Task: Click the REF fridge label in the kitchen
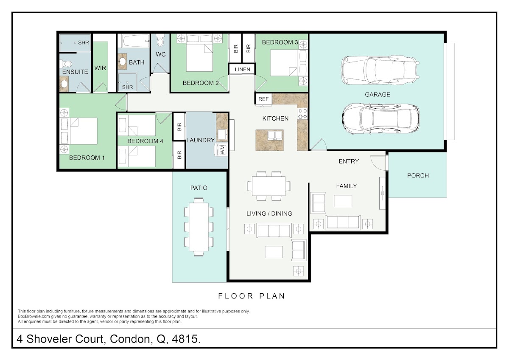tap(263, 99)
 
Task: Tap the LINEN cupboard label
tap(243, 70)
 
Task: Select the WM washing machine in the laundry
tap(222, 149)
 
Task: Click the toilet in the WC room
tap(161, 40)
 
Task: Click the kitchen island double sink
tap(275, 135)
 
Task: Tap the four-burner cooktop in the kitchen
tap(303, 114)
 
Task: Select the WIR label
tap(100, 68)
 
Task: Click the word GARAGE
tap(378, 95)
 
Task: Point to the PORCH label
tap(418, 176)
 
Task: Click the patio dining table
tap(199, 227)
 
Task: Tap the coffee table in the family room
tap(343, 201)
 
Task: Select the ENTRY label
tap(349, 161)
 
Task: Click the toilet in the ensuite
tap(66, 64)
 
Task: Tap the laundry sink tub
tap(222, 134)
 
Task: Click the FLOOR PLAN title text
tap(251, 296)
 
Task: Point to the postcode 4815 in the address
tap(186, 339)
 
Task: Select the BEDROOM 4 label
tap(145, 141)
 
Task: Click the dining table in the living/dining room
tap(269, 186)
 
